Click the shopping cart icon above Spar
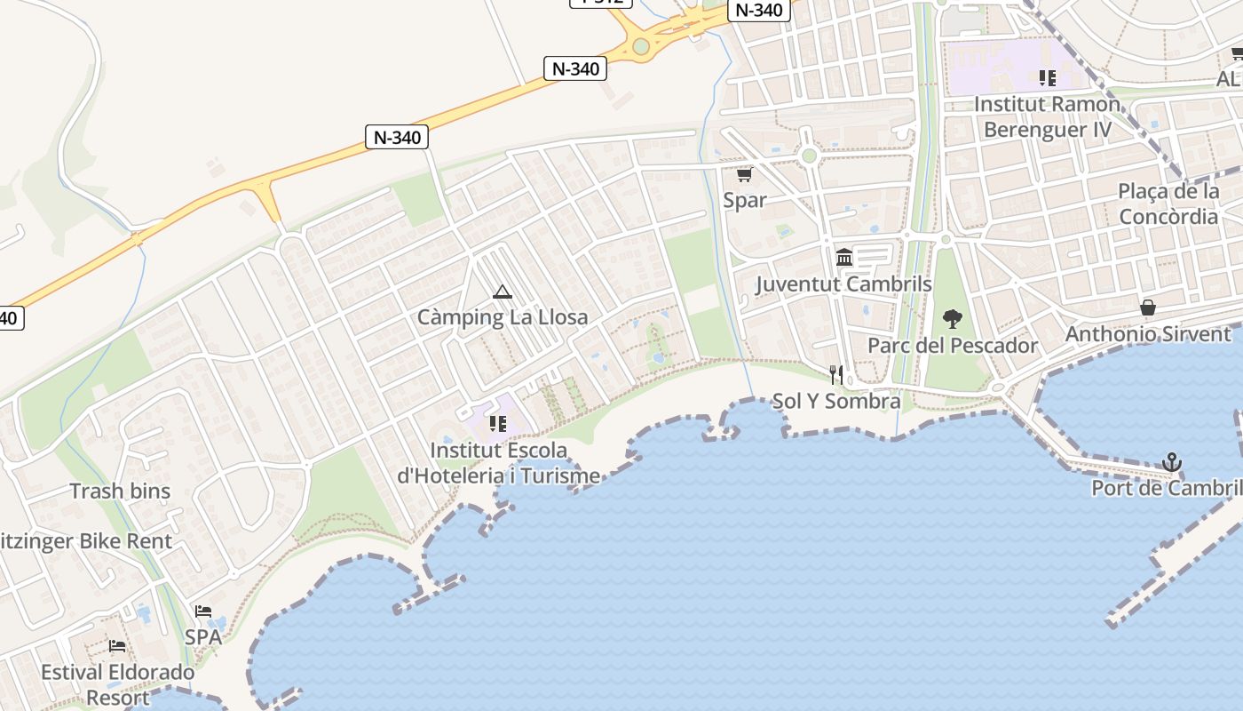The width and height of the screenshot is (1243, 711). coord(744,174)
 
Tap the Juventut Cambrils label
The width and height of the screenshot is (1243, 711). coord(843,284)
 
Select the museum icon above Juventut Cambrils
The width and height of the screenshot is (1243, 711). coord(844,258)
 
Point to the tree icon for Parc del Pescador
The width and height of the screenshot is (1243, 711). coord(952,318)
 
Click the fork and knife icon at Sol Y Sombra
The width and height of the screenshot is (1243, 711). coord(835,374)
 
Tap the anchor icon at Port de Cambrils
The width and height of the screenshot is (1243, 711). coord(1172,462)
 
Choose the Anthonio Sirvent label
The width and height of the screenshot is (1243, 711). coord(1148,334)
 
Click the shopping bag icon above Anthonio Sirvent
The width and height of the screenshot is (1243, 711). coord(1148,308)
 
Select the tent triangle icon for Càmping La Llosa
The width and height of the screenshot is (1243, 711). coord(503,292)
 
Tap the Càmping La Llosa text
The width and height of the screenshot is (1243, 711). coord(503,317)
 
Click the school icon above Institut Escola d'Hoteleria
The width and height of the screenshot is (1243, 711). coord(497,424)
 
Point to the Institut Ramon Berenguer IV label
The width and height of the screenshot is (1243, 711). coord(1048,116)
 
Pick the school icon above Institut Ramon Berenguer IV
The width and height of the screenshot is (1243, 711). coord(1048,78)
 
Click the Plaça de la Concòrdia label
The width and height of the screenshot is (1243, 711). coord(1168,204)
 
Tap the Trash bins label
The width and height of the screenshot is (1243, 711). coord(120,491)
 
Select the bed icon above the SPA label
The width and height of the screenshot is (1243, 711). coord(203,611)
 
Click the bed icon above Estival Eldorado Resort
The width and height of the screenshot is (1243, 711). coord(117,646)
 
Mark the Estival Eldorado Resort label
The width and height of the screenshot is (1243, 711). coord(118,684)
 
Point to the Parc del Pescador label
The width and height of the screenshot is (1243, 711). coord(953,346)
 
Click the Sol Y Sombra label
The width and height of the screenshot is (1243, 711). coord(836,401)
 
